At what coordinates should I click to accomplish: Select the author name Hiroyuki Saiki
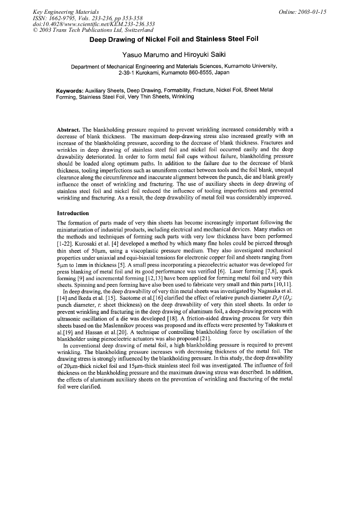pos(213,55)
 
